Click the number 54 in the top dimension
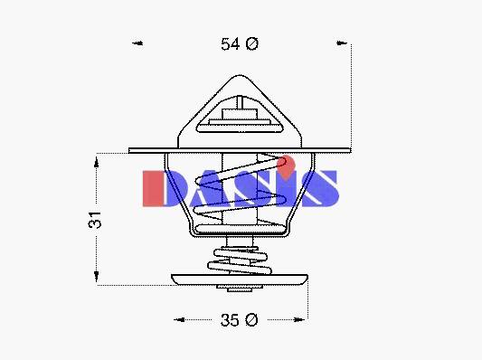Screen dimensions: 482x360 (230, 44)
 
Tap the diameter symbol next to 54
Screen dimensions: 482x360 (252, 44)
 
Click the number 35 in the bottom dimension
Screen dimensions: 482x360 (230, 320)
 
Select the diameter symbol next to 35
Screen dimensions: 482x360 (251, 320)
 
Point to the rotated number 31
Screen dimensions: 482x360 (95, 220)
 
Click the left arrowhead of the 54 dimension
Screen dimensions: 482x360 (137, 43)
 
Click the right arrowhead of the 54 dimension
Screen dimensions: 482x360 (342, 43)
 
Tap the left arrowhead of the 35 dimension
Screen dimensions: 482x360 (179, 319)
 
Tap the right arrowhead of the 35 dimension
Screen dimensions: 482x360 (298, 319)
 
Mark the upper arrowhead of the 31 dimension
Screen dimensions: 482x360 (97, 162)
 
